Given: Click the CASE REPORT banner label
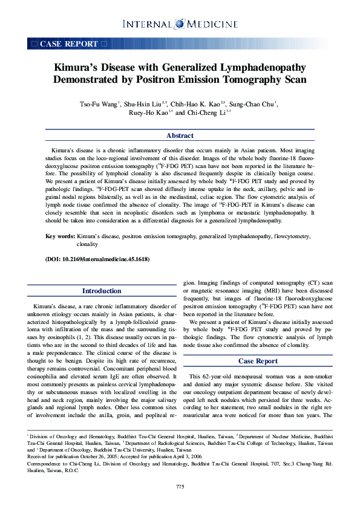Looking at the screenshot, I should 68,44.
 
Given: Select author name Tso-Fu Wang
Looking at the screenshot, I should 99,103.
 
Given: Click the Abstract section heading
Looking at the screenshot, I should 180,136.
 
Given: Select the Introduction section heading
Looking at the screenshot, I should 101,291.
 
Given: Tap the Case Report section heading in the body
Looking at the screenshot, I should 258,361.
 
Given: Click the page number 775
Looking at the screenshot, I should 180,487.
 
